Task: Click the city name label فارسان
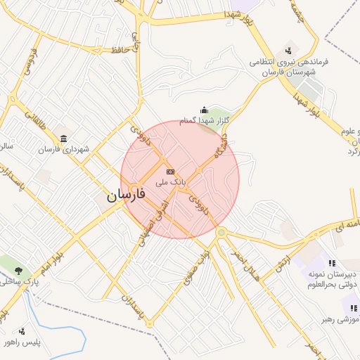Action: (x=126, y=197)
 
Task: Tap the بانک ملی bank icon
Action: (x=169, y=171)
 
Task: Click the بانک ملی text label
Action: (x=172, y=181)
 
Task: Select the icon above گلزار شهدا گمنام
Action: (x=204, y=110)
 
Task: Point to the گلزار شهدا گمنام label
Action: (x=205, y=122)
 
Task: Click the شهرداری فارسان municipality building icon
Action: (x=64, y=137)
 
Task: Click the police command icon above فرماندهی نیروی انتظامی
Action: (x=288, y=51)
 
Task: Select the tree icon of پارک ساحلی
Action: (x=18, y=270)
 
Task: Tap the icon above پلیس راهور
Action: (x=22, y=330)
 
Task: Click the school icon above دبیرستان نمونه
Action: (x=312, y=263)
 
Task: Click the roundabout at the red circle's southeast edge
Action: (x=221, y=232)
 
